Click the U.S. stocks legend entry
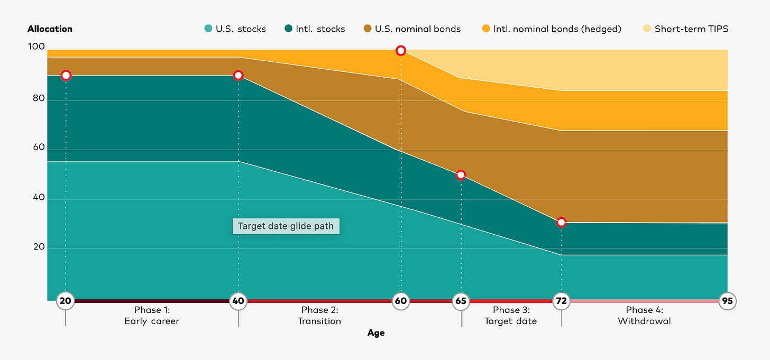click(235, 29)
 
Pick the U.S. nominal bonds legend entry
click(412, 29)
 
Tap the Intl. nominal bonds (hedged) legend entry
click(552, 29)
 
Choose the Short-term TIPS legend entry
click(685, 29)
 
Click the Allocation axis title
click(50, 29)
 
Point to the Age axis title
click(376, 333)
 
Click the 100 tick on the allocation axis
click(36, 47)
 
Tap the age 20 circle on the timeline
click(66, 301)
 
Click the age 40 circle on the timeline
click(239, 301)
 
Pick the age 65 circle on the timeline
click(461, 301)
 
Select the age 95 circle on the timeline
click(728, 301)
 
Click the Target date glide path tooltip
click(286, 226)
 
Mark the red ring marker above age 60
click(401, 51)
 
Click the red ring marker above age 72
click(562, 223)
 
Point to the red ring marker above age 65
click(461, 175)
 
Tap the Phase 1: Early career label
click(152, 316)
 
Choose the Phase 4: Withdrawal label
click(644, 316)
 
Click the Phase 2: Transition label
click(319, 316)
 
